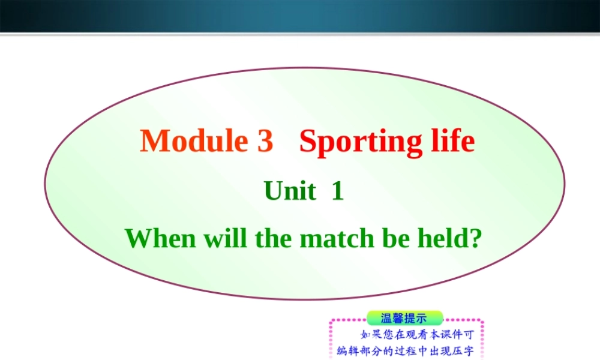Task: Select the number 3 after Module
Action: pyautogui.click(x=264, y=141)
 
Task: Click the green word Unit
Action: pyautogui.click(x=290, y=191)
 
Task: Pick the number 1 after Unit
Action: pyautogui.click(x=338, y=191)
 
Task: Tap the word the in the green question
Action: pyautogui.click(x=274, y=238)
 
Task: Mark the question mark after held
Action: pyautogui.click(x=476, y=238)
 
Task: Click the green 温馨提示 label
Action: pyautogui.click(x=404, y=318)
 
